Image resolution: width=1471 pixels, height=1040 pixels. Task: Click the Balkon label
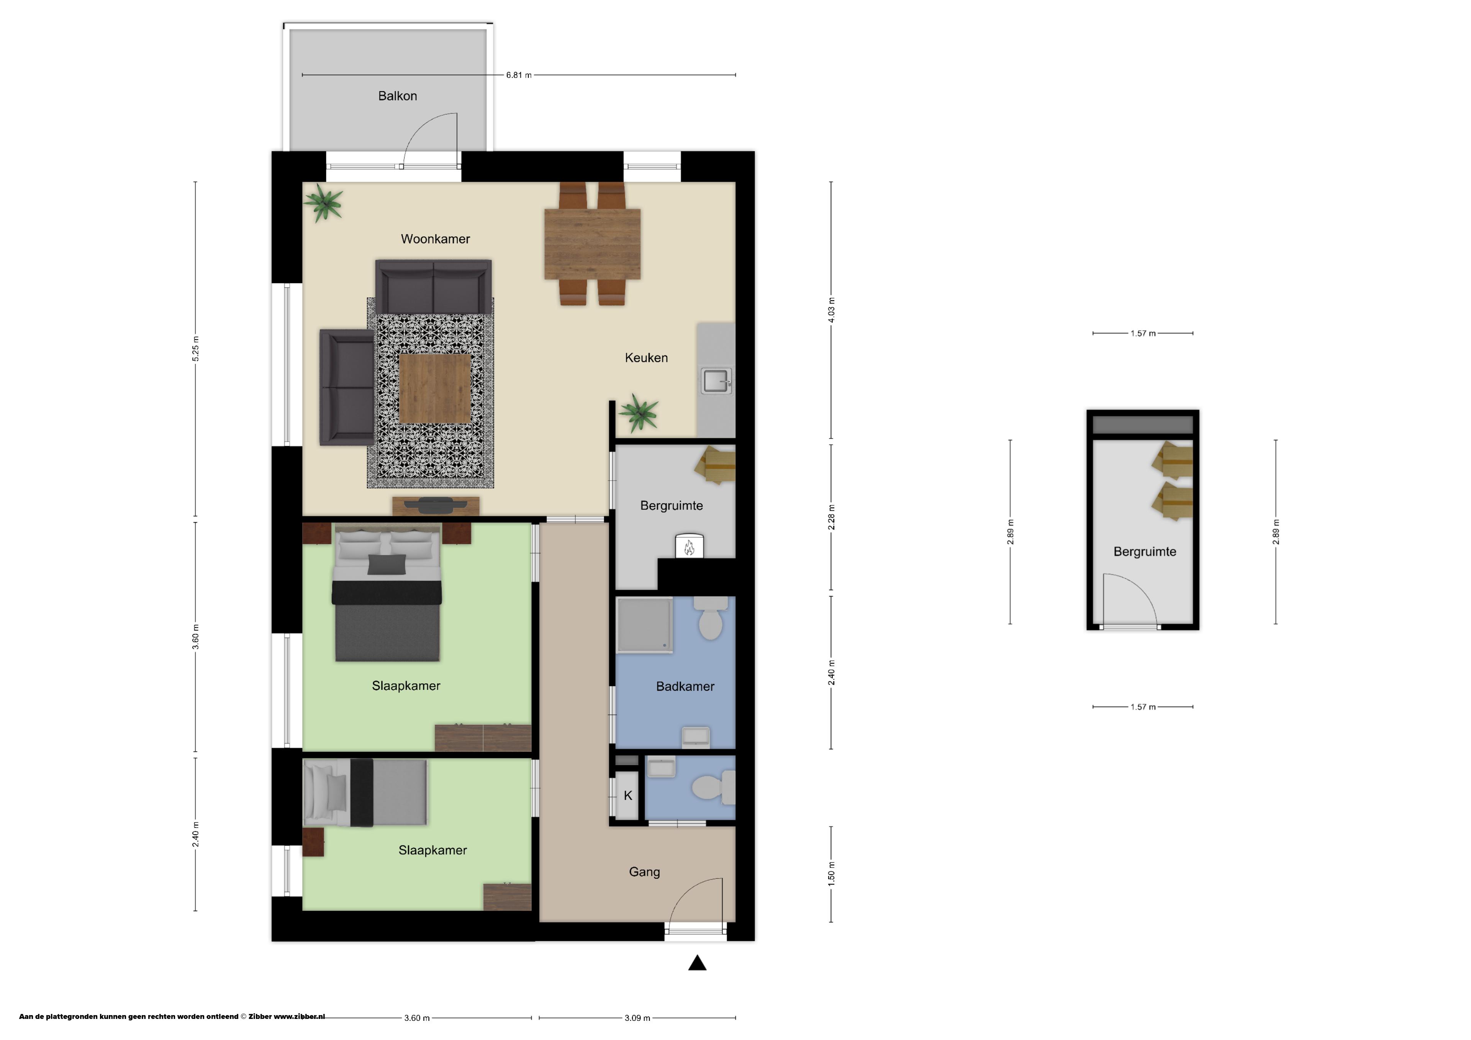point(397,96)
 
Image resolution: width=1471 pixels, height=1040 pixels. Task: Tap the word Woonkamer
point(435,239)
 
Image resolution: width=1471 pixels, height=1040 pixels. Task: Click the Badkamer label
point(685,686)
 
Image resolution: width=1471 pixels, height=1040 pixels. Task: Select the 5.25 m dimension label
point(195,349)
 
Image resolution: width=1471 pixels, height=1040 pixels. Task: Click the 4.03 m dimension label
point(831,310)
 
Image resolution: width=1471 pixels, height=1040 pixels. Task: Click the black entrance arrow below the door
point(697,963)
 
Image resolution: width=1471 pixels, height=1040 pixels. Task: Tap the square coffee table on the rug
point(435,389)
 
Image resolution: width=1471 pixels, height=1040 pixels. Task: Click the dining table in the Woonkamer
point(592,244)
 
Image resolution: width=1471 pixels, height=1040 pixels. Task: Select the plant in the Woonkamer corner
point(324,203)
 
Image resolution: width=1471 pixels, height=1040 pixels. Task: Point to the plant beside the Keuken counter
point(639,412)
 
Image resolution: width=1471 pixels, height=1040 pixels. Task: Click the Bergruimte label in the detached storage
point(1144,552)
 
